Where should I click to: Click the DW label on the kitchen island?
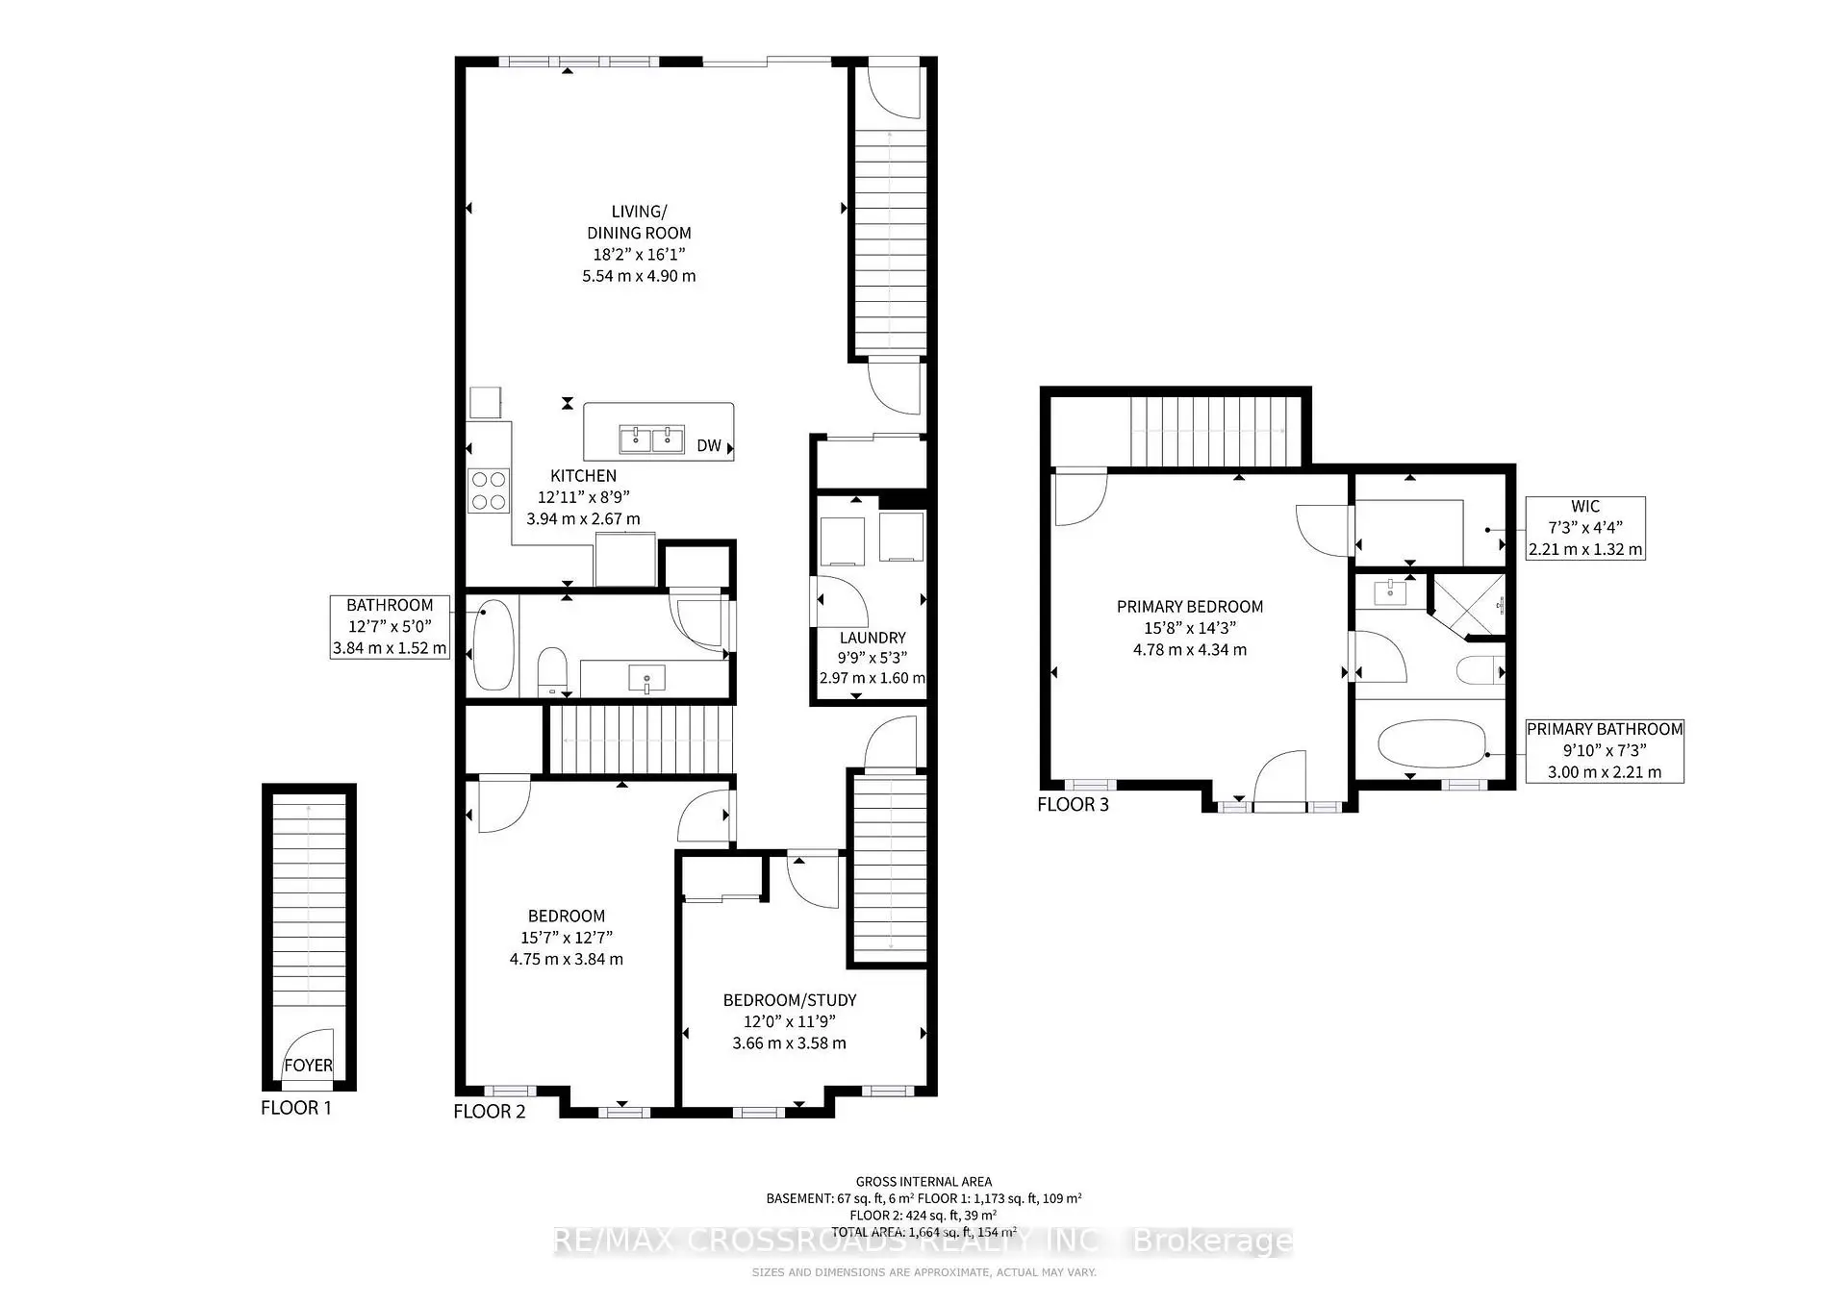(x=708, y=445)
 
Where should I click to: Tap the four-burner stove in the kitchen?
(x=488, y=490)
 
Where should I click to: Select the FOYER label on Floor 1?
(x=308, y=1066)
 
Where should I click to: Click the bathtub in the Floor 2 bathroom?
(x=493, y=643)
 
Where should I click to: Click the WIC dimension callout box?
(x=1584, y=528)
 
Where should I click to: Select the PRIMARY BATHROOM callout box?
(x=1604, y=750)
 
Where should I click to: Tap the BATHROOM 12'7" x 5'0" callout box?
(x=390, y=627)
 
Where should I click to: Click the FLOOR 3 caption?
(x=1073, y=805)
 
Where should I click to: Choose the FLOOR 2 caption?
(x=490, y=1112)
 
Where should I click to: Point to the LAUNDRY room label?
(x=872, y=638)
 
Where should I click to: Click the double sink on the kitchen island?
(x=651, y=440)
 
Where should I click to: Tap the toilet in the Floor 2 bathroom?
(x=552, y=670)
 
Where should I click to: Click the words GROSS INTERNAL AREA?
(x=923, y=1182)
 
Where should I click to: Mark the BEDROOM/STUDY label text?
(x=789, y=1000)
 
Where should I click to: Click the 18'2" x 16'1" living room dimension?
(x=639, y=255)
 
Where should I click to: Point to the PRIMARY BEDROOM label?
(x=1189, y=607)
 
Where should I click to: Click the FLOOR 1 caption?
(x=296, y=1108)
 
